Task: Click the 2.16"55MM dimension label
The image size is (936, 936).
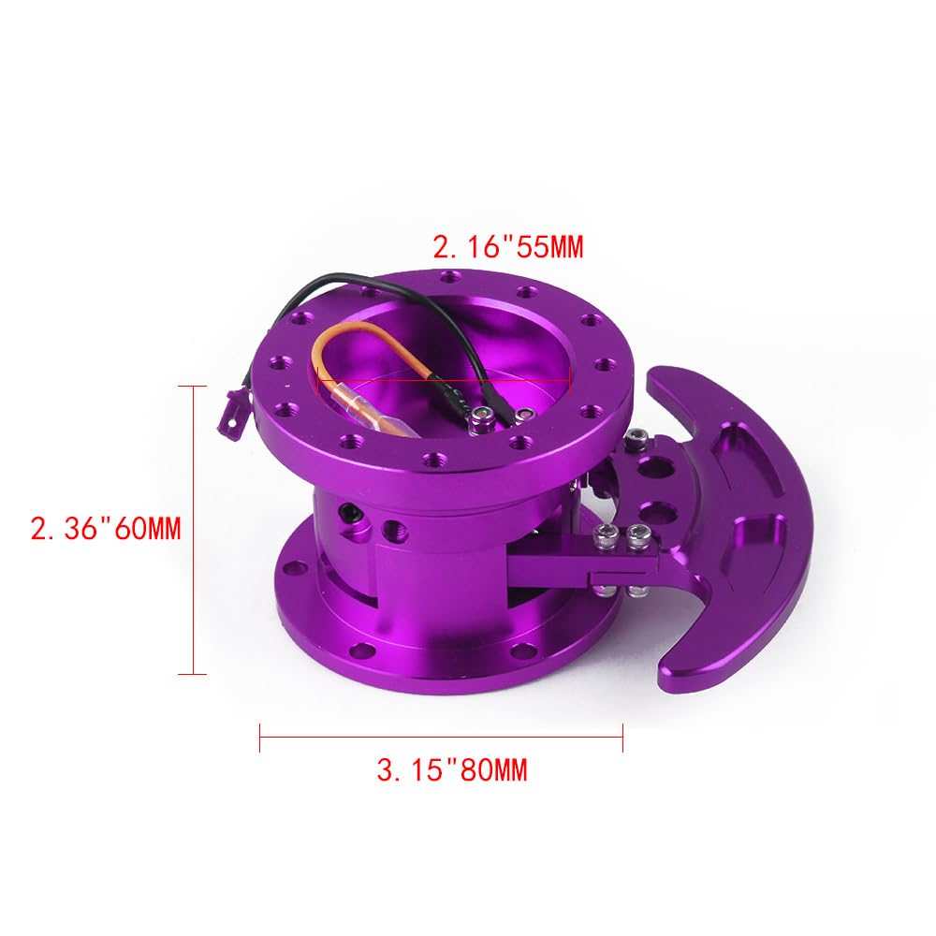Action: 506,248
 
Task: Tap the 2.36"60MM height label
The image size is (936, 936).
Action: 105,530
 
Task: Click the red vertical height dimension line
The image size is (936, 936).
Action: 193,529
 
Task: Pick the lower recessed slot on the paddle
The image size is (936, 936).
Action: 739,543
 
